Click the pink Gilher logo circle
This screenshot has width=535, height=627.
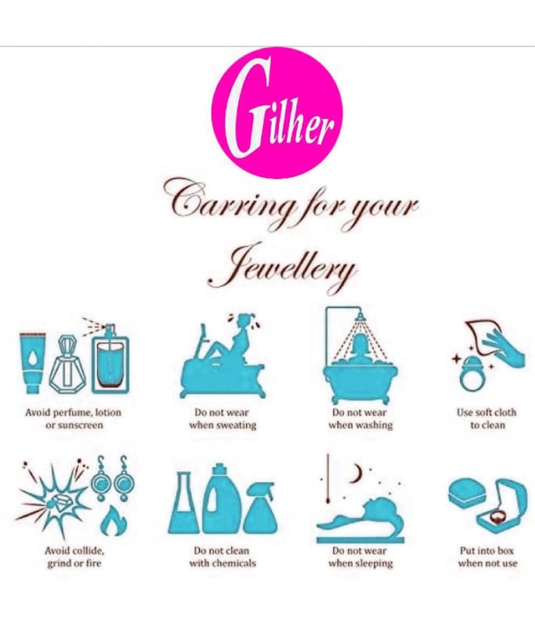[x=277, y=113]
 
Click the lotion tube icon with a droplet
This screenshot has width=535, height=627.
[x=33, y=363]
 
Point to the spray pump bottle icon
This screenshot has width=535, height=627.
[x=110, y=358]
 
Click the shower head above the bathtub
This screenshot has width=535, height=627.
[x=361, y=317]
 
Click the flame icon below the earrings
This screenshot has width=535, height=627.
[x=114, y=520]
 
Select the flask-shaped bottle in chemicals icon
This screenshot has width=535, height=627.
[x=184, y=503]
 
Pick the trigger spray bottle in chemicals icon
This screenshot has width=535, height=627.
[x=260, y=508]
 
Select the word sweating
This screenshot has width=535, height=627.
[x=235, y=425]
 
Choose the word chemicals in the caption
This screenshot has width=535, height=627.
[x=233, y=563]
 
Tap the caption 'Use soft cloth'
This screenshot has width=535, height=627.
[x=486, y=412]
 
